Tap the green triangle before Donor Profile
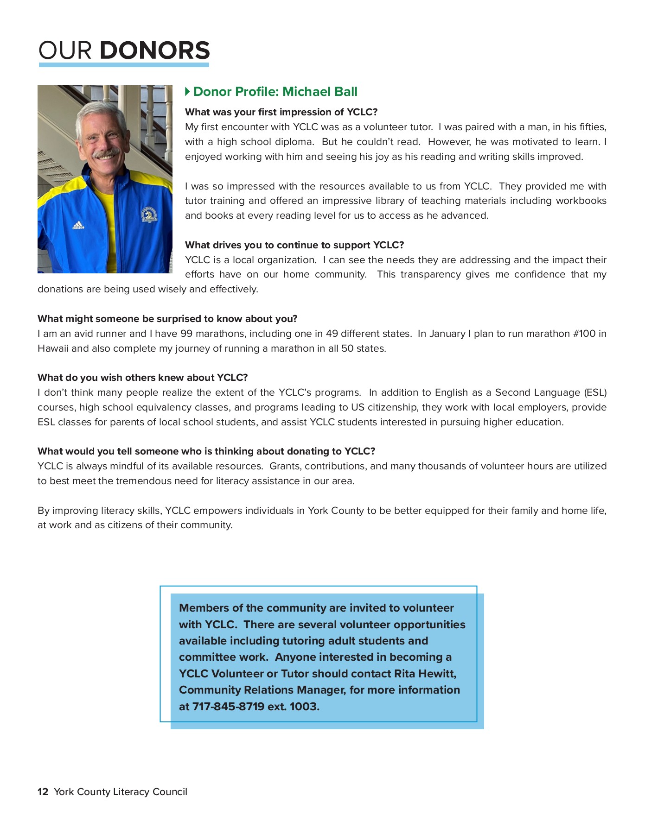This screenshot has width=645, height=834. (187, 91)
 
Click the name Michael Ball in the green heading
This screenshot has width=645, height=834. (319, 92)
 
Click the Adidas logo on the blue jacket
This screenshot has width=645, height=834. (78, 226)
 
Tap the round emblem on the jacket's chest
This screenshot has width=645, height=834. (149, 215)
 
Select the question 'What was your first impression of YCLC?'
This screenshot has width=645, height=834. (281, 112)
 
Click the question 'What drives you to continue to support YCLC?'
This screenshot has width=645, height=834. (294, 245)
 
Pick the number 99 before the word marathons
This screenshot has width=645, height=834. (186, 334)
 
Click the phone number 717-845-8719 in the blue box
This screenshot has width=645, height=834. (228, 707)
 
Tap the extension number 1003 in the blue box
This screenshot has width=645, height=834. (304, 707)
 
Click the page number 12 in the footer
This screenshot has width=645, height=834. (43, 792)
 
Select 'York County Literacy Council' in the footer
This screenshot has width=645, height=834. (121, 792)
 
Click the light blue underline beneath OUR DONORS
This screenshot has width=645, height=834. (124, 65)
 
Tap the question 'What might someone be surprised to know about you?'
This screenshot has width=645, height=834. (167, 319)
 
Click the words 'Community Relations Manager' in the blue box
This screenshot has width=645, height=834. (262, 690)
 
